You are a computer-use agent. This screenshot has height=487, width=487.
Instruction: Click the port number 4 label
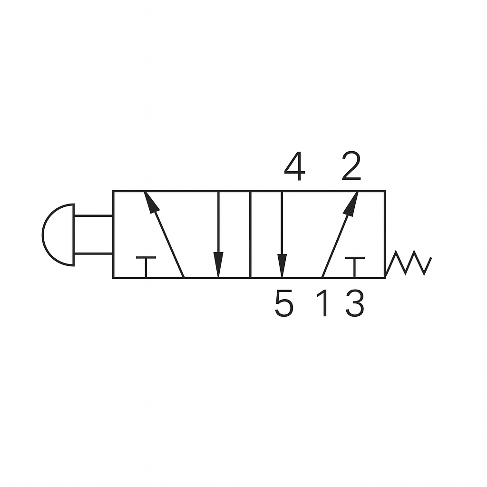[x=294, y=167]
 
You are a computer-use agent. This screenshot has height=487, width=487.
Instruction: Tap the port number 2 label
[x=351, y=167]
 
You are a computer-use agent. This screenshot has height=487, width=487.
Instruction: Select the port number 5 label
[x=284, y=304]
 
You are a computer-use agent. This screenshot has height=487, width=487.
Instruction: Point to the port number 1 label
[x=324, y=304]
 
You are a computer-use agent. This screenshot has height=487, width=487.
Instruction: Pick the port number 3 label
[x=355, y=304]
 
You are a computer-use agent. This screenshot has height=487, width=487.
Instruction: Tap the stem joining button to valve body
[x=94, y=234]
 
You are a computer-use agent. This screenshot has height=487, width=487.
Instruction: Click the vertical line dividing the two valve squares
[x=250, y=234]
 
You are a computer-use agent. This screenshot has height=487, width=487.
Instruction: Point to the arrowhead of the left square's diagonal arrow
[x=150, y=202]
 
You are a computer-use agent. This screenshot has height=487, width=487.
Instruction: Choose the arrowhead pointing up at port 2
[x=351, y=202]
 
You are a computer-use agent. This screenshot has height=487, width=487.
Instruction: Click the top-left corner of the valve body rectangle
[x=113, y=191]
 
